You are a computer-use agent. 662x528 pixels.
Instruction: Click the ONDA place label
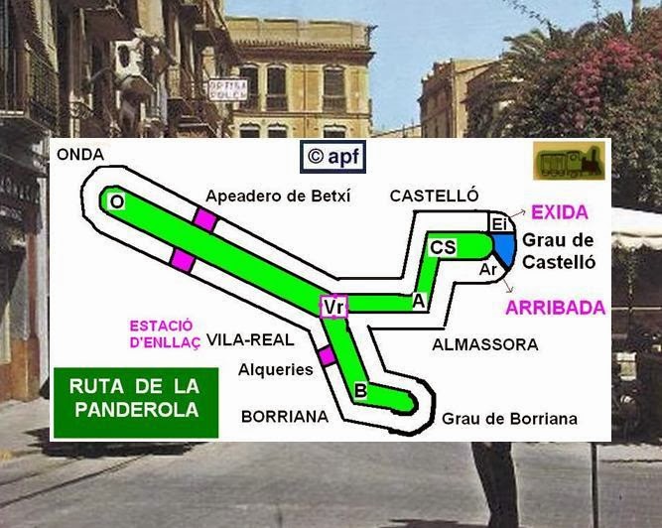(80, 154)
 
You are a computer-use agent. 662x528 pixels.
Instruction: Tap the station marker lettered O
(117, 201)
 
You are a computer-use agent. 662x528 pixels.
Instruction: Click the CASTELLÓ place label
(435, 196)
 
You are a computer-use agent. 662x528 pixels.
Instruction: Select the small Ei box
(499, 225)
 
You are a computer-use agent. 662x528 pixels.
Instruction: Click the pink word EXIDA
(560, 212)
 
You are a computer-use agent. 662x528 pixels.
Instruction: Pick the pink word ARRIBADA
(555, 308)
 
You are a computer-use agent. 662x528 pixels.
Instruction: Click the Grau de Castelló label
(558, 251)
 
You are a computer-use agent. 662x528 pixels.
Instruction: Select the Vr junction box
(333, 308)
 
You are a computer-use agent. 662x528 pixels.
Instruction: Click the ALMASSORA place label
(485, 344)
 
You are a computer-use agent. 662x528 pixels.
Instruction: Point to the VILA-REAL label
(257, 339)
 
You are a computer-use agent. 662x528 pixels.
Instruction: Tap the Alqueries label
(276, 369)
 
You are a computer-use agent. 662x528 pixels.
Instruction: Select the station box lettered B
(360, 391)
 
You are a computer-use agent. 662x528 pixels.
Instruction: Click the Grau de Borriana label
(509, 419)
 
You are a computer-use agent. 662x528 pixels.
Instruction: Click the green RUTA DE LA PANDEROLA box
(135, 396)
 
